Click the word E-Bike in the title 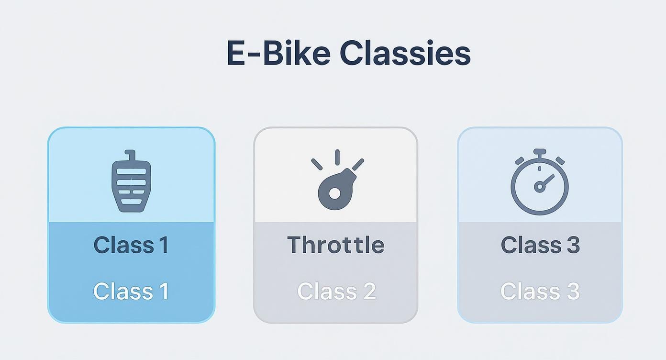click(x=278, y=53)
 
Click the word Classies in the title click(x=405, y=53)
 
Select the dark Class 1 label click(x=131, y=245)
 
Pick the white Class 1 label click(x=131, y=291)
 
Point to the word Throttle click(x=336, y=245)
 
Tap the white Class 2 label click(x=336, y=291)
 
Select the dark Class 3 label click(x=540, y=245)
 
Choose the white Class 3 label click(x=540, y=291)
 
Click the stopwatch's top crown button click(x=540, y=153)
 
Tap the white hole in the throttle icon click(x=334, y=193)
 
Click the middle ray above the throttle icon click(x=337, y=157)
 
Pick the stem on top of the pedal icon click(x=131, y=155)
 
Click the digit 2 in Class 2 click(x=369, y=291)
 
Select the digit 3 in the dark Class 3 click(x=572, y=245)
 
